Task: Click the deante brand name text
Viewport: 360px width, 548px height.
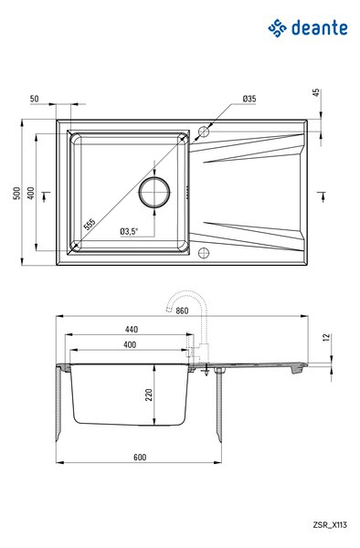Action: [x=320, y=27]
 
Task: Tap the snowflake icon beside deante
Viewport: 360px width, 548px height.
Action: [x=277, y=28]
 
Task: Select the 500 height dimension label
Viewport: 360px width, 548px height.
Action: [x=16, y=193]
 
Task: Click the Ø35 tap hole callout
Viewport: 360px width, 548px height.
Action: [x=249, y=99]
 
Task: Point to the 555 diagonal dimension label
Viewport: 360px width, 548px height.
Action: [x=90, y=224]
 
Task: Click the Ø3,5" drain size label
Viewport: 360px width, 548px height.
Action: [x=129, y=231]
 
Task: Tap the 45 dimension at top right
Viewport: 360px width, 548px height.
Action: [x=315, y=93]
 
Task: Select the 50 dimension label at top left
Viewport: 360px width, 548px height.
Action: [x=34, y=99]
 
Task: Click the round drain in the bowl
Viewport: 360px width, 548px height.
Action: [x=154, y=192]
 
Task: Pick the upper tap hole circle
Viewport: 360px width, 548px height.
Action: [x=204, y=132]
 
